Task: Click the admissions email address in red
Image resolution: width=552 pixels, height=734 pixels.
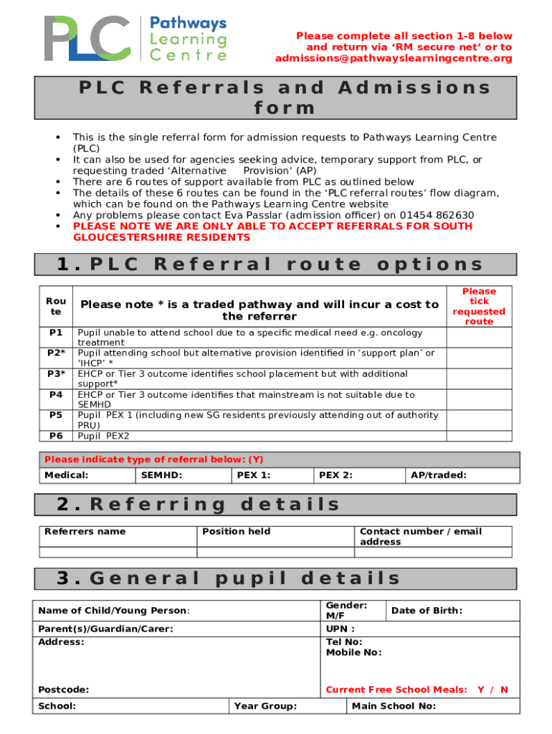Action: coord(394,58)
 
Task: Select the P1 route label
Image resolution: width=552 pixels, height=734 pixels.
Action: coord(56,333)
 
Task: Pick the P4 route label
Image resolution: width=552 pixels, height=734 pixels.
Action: coord(56,394)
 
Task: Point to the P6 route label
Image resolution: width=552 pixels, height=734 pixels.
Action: coord(56,435)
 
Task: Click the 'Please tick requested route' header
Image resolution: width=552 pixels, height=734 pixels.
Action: coord(479,307)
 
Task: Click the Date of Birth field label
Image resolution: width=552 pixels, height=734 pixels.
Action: coord(427,611)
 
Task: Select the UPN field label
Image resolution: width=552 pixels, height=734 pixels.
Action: coord(341,629)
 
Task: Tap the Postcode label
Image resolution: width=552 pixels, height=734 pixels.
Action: coord(64,690)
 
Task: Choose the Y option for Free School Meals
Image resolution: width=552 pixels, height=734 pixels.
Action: coord(481,690)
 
